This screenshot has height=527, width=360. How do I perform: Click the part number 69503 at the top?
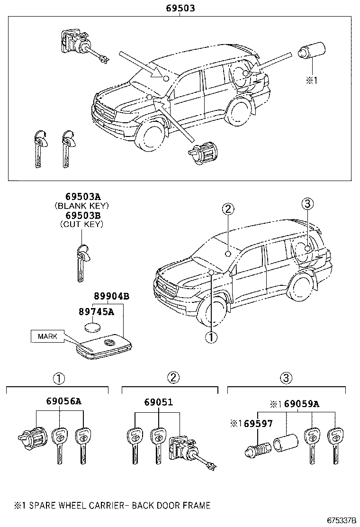(x=180, y=8)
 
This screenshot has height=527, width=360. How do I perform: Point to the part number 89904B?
(x=112, y=296)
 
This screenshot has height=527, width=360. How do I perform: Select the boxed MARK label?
(x=47, y=336)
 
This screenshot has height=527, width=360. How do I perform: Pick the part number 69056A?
(x=64, y=401)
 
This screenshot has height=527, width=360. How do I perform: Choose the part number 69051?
(x=159, y=402)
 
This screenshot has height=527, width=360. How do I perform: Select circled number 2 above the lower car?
(x=227, y=209)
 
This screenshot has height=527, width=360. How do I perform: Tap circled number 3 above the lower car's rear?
(x=307, y=204)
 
